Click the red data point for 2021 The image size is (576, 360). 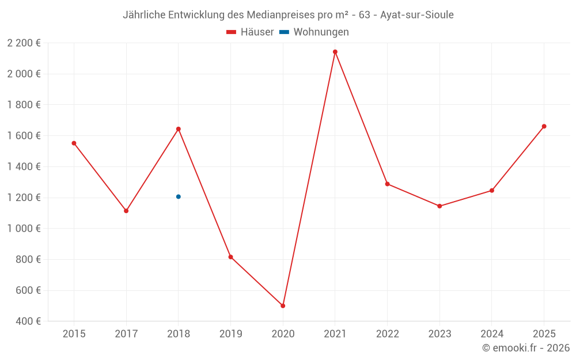[335, 52]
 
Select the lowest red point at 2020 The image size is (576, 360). [283, 306]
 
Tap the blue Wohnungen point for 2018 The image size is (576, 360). [179, 197]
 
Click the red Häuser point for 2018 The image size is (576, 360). [179, 129]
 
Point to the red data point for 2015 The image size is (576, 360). [74, 143]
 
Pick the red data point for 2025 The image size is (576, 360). [544, 126]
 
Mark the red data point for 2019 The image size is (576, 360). [230, 257]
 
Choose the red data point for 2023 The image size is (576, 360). [439, 206]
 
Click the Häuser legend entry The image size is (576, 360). [250, 32]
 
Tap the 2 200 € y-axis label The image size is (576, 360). [24, 43]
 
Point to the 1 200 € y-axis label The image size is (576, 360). [24, 198]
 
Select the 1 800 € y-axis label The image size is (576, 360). [24, 105]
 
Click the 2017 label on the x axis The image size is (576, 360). [126, 334]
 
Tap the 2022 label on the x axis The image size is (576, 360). [387, 334]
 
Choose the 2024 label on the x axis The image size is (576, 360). [491, 334]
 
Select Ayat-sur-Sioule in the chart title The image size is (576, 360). [417, 15]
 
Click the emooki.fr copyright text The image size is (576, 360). [526, 348]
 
